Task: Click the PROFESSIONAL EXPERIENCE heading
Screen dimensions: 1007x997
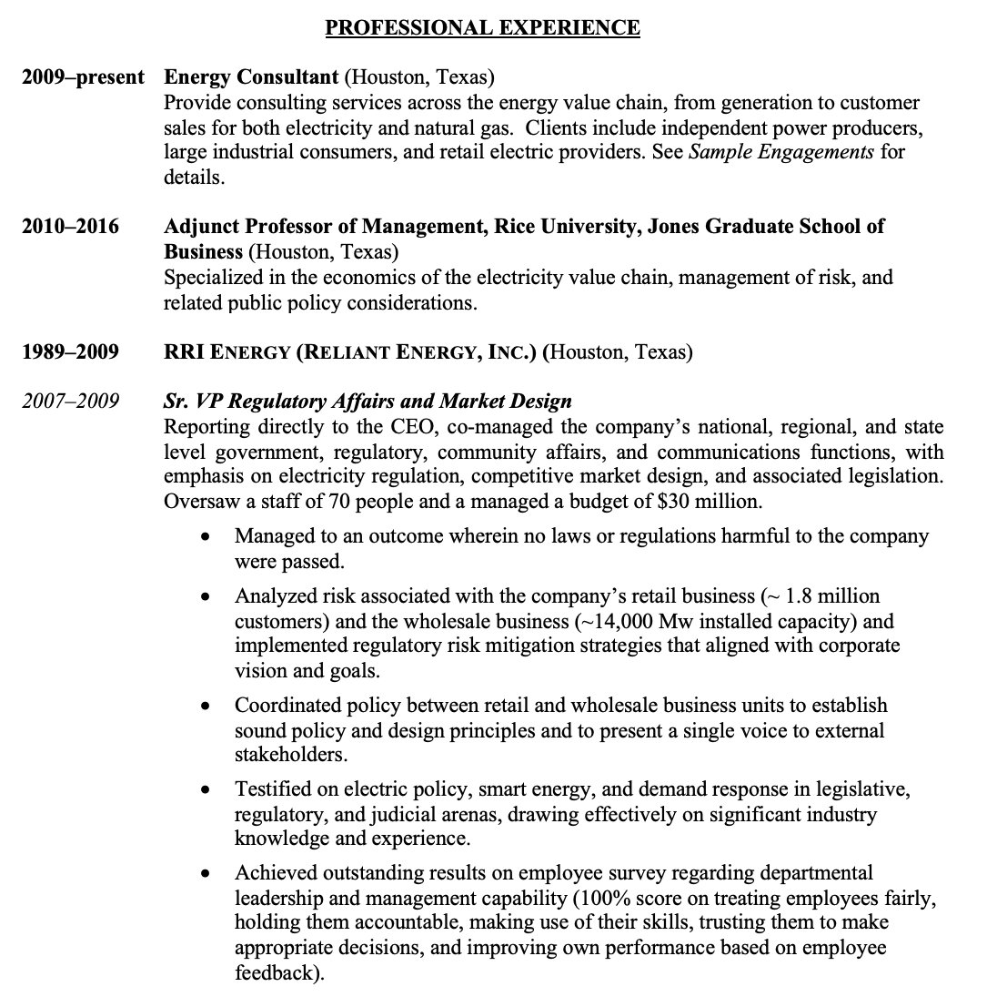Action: [482, 28]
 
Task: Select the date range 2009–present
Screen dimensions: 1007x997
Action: [83, 76]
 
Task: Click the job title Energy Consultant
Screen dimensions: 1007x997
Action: [251, 76]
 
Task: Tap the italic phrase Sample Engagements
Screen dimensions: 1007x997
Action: [781, 152]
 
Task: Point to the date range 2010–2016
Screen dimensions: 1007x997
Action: [70, 226]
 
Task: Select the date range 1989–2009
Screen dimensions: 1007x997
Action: [70, 351]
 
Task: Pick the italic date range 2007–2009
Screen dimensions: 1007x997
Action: [70, 402]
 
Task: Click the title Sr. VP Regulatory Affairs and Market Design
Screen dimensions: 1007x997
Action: [368, 402]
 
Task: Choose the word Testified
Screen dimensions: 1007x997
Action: [273, 789]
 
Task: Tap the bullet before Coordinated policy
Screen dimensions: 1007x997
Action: [208, 707]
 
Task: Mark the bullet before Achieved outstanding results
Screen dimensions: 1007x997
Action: [208, 874]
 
